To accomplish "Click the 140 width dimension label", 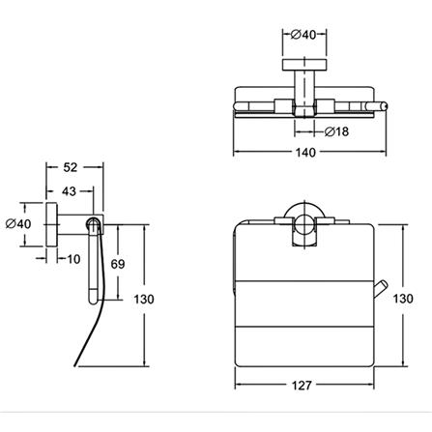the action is pos(305,153).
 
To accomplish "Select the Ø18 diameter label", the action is pos(336,131).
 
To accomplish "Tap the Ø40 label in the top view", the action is pos(303,35).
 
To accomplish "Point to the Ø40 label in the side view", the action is pos(18,223).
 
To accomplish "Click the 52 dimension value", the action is pos(71,167).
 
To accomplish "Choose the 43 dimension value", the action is pos(69,191).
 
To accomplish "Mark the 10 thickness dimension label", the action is pos(73,259).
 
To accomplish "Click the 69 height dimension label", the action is pos(118,264).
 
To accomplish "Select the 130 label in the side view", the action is pos(144,300).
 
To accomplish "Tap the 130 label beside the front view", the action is pos(403,299).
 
